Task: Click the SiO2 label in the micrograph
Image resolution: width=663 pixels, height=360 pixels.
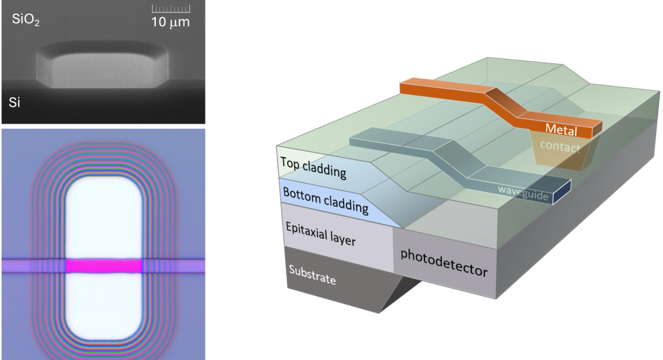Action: tap(27, 19)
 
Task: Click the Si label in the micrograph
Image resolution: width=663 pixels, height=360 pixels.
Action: tap(15, 102)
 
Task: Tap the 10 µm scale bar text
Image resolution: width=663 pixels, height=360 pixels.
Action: tap(170, 22)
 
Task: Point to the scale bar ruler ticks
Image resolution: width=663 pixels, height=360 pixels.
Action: tap(171, 9)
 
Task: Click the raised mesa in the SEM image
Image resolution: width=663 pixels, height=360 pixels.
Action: tap(102, 68)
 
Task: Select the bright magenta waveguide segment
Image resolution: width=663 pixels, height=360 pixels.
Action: tap(104, 266)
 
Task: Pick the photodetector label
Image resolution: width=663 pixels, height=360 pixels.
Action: tap(443, 263)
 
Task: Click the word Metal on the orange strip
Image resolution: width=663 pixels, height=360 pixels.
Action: tap(561, 130)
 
